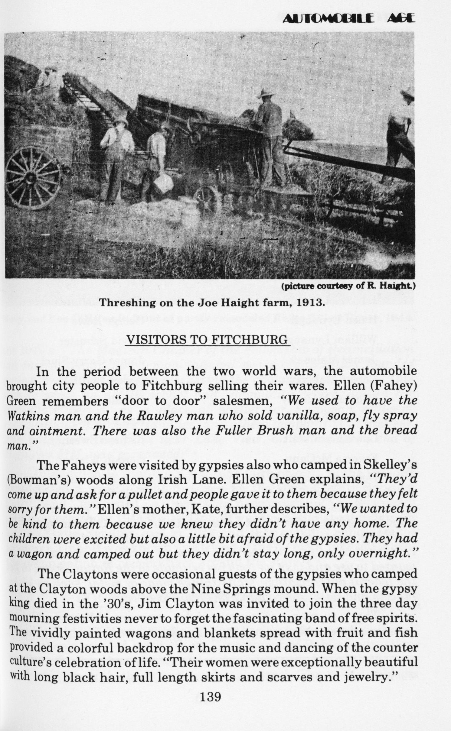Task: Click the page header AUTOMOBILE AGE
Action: (x=348, y=19)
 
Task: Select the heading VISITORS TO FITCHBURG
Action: (x=208, y=340)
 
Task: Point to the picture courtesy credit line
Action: (x=348, y=287)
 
